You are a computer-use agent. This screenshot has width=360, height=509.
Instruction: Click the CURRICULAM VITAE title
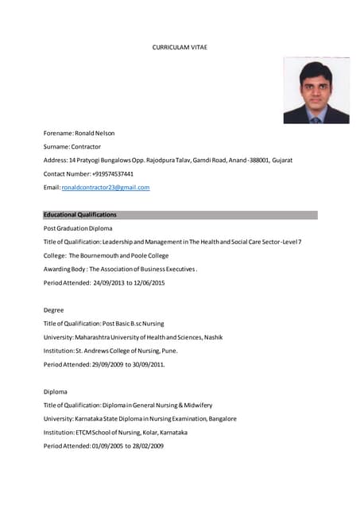(x=180, y=48)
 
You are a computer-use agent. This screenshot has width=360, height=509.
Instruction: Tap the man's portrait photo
(x=315, y=92)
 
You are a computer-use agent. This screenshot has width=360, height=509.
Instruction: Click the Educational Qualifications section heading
(x=80, y=215)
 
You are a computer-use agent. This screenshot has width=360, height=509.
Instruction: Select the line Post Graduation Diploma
(x=78, y=228)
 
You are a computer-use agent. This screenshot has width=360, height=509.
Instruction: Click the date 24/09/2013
(x=108, y=283)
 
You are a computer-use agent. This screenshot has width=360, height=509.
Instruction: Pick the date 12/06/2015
(x=149, y=283)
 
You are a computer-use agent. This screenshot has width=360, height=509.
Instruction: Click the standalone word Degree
(x=54, y=310)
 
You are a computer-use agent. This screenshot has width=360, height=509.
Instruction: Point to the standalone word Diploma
(x=56, y=392)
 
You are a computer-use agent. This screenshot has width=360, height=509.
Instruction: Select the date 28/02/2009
(x=148, y=446)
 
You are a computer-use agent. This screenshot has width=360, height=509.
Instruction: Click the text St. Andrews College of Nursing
(x=126, y=351)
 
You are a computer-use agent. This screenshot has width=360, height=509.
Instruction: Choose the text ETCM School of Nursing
(x=119, y=433)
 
